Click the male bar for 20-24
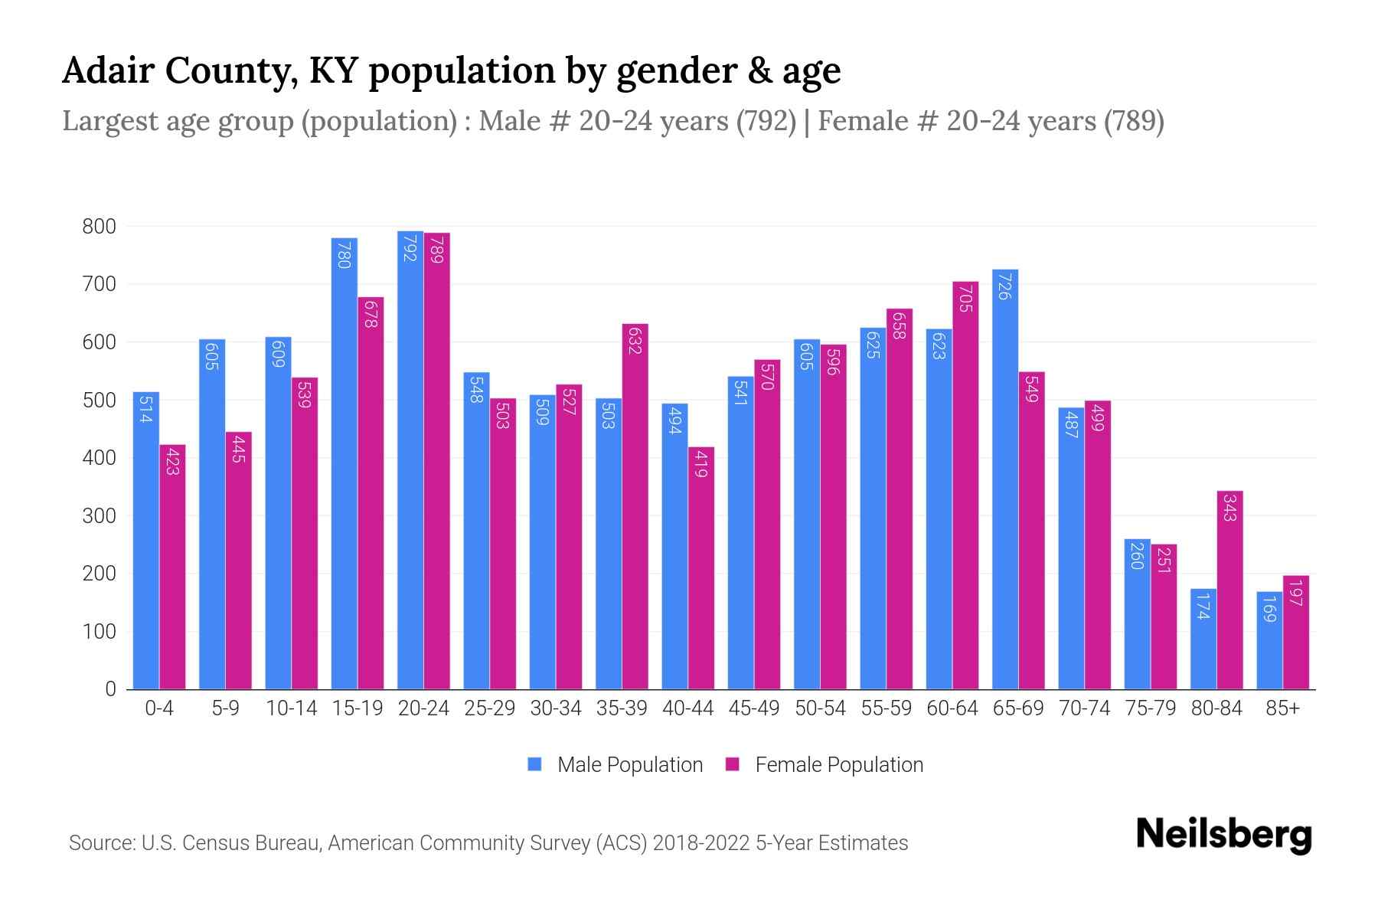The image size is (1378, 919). tap(410, 459)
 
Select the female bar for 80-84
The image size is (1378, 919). tap(1229, 590)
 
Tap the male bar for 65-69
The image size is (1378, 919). tap(1005, 479)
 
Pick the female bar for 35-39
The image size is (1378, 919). tap(635, 506)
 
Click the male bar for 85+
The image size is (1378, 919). tap(1269, 640)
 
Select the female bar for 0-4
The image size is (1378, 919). tap(172, 567)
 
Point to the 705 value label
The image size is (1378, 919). tap(965, 298)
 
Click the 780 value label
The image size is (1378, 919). tap(344, 254)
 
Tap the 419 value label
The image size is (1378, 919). tap(700, 463)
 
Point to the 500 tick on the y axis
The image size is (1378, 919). tap(99, 400)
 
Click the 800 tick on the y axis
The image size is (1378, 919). tap(99, 227)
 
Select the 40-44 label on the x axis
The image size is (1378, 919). tap(687, 708)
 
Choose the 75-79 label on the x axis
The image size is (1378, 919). tap(1150, 708)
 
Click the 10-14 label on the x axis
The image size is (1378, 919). tap(291, 708)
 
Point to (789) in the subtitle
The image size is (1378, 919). tap(1134, 121)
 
